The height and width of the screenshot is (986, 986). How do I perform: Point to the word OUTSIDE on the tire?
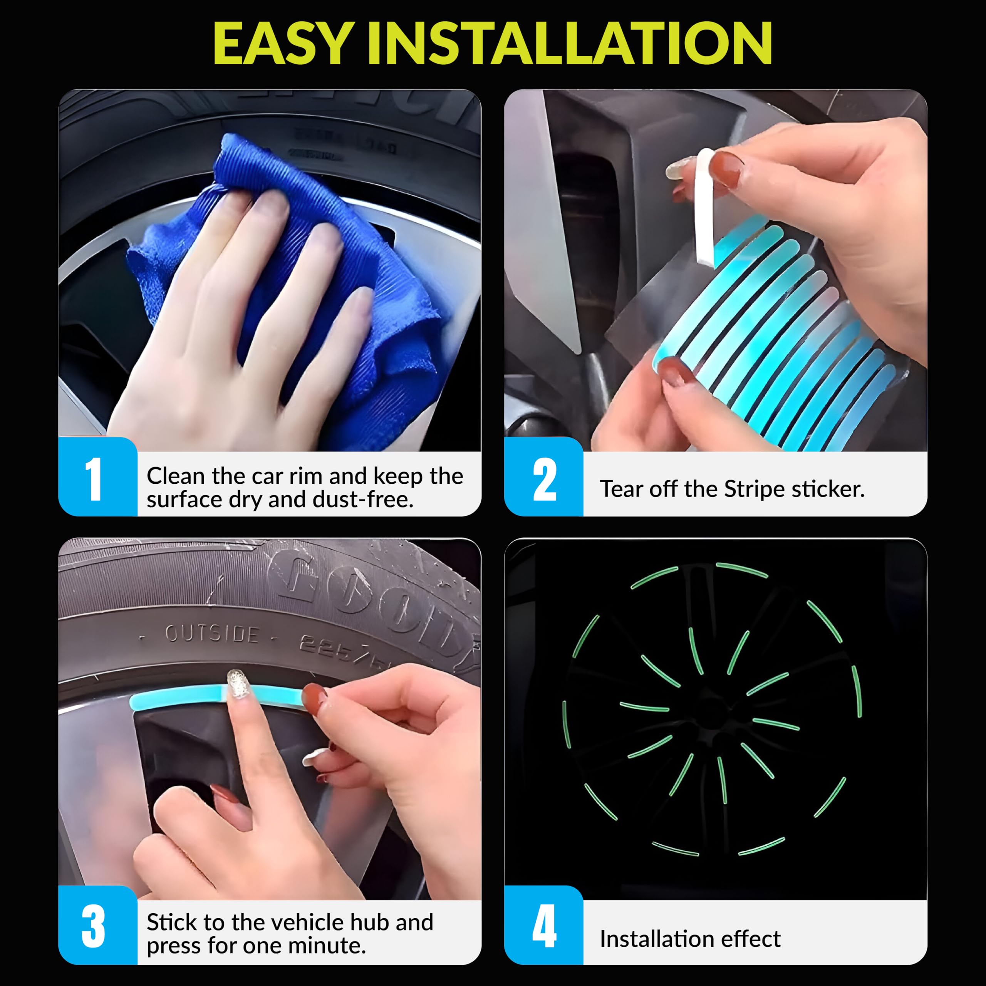pyautogui.click(x=212, y=634)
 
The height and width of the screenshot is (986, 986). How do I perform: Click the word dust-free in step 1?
pyautogui.click(x=362, y=500)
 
